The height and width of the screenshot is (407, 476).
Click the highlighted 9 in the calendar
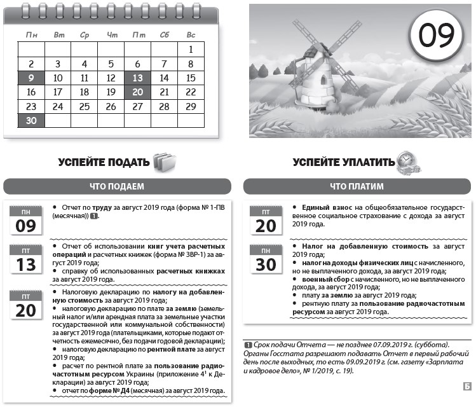pos(31,78)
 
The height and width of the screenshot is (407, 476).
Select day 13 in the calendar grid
pos(137,78)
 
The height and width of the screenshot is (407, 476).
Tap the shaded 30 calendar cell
pos(31,120)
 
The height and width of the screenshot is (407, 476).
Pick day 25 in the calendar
pos(85,106)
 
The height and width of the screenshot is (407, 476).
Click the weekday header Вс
pos(191,34)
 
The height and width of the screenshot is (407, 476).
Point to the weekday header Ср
pos(85,34)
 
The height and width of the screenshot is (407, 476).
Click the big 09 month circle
pos(436,37)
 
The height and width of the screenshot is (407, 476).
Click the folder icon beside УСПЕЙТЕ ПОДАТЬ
pos(163,162)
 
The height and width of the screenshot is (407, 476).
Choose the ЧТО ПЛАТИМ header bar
pos(357,186)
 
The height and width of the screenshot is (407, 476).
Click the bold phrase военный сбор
pos(324,279)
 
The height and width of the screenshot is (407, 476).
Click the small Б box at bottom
pos(467,385)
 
